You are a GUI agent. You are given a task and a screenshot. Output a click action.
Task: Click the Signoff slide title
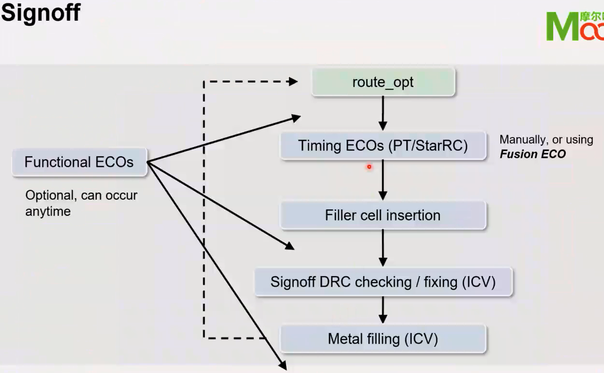click(x=40, y=13)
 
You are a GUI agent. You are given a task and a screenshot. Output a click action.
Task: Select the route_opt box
click(x=383, y=82)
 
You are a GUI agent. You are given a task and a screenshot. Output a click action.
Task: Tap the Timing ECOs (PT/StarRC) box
click(x=383, y=145)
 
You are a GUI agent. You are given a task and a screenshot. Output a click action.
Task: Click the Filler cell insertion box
click(x=383, y=215)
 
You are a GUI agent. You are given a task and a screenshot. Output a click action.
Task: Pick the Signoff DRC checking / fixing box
click(x=383, y=282)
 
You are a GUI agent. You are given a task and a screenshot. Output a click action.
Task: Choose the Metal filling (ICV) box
click(x=383, y=339)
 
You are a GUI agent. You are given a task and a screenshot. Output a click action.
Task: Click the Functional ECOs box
click(x=79, y=162)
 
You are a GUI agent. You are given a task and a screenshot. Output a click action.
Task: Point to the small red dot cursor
click(x=369, y=167)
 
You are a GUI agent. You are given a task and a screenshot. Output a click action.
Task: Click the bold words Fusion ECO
click(x=533, y=154)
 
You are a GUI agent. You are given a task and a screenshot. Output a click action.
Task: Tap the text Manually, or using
click(x=546, y=140)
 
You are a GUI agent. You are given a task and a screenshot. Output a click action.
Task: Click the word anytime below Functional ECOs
click(x=48, y=211)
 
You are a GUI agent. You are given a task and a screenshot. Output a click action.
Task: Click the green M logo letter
click(x=562, y=27)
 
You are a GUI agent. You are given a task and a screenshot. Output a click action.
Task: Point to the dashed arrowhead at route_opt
click(x=292, y=82)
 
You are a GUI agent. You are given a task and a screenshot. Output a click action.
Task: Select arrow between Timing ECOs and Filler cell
click(x=383, y=180)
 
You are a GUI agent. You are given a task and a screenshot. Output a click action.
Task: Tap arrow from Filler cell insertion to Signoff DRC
click(x=383, y=248)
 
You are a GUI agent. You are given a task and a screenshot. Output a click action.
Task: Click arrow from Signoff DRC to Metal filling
click(x=383, y=310)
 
